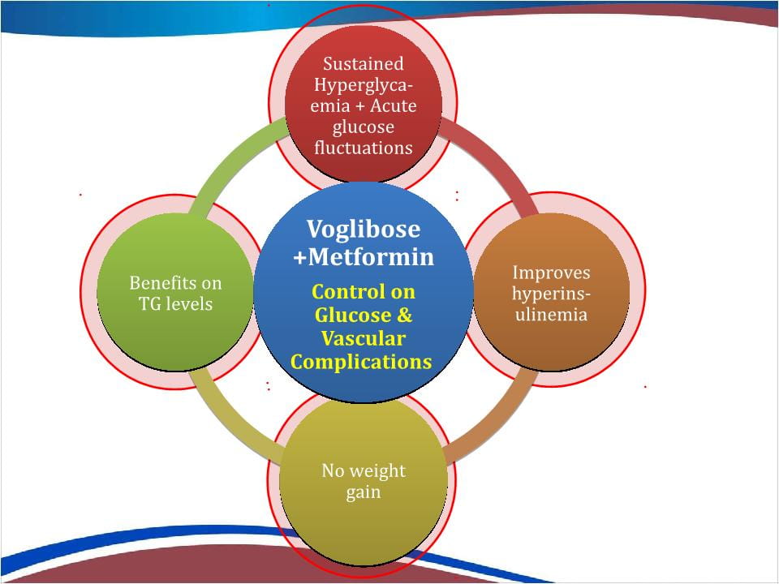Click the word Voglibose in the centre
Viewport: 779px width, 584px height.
(364, 230)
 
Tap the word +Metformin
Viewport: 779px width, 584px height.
(364, 257)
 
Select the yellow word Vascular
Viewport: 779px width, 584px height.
(364, 339)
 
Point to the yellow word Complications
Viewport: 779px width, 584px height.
(361, 362)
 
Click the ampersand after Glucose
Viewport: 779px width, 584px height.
(405, 315)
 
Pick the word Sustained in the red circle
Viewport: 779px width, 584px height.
(364, 63)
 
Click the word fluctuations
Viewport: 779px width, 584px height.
(364, 148)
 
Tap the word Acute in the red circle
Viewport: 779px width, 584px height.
(393, 105)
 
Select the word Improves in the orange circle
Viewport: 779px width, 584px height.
(551, 273)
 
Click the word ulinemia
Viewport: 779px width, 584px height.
(551, 315)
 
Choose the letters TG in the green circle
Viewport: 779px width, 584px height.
(148, 304)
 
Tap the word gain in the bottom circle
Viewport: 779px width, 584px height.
(364, 492)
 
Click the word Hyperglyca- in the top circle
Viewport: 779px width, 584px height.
(364, 85)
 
